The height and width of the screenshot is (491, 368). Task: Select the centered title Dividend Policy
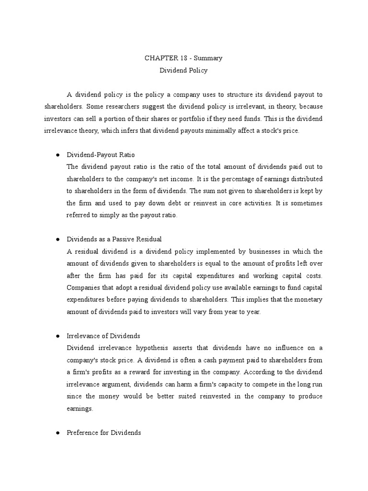[x=184, y=70]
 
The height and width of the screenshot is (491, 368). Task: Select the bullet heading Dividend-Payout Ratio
[x=101, y=155]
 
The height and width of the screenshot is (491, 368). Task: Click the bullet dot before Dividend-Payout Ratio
[x=57, y=155]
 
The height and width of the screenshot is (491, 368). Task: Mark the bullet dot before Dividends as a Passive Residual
[x=57, y=239]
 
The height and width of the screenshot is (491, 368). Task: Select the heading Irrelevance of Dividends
[x=103, y=336]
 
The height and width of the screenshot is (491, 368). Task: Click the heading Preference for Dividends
[x=103, y=433]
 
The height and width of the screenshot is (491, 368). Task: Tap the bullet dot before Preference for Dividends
[x=57, y=433]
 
